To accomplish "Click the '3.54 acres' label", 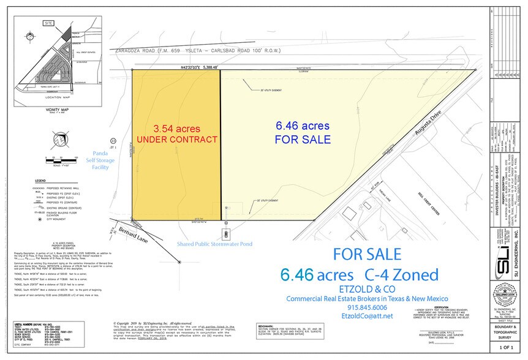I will (x=176, y=129).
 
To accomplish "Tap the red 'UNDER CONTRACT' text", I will (x=176, y=140).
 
